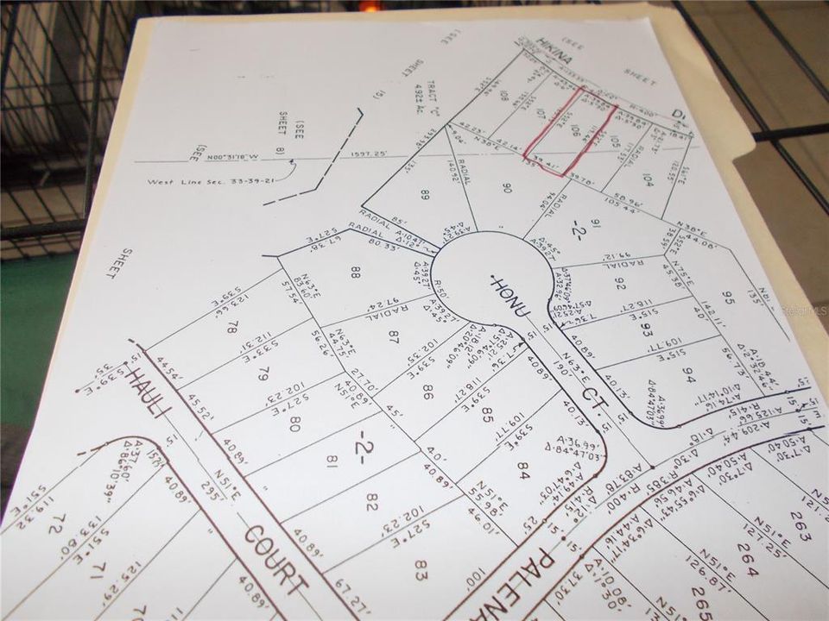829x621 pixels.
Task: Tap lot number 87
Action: click(391, 335)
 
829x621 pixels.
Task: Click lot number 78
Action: click(231, 328)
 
